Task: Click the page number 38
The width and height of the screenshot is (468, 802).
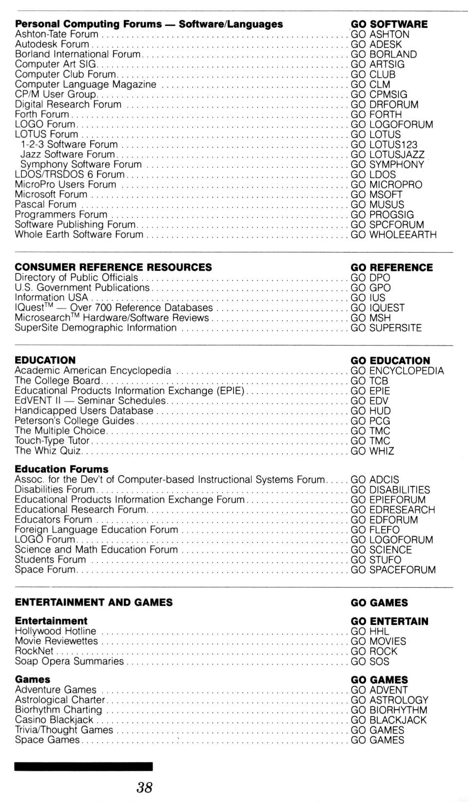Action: [x=144, y=787]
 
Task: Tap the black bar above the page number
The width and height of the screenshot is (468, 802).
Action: [x=83, y=766]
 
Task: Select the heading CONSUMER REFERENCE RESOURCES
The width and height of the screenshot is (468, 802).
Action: [x=113, y=267]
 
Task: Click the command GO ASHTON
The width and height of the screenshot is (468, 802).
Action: [x=380, y=34]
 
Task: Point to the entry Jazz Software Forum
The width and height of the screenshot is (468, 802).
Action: [x=67, y=154]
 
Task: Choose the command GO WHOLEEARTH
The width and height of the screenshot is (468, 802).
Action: [x=393, y=235]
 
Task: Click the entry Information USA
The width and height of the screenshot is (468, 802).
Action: [x=51, y=298]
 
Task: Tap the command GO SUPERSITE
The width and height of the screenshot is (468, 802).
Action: [x=386, y=328]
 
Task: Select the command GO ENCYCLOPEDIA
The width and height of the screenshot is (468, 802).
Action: [x=397, y=371]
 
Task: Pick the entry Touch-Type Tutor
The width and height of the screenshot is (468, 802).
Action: [x=52, y=441]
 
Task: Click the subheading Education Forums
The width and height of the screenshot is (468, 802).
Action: [x=61, y=469]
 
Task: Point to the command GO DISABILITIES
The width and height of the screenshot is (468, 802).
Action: [x=390, y=490]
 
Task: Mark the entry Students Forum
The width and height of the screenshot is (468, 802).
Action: [x=50, y=560]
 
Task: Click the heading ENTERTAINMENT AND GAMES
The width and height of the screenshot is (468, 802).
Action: [x=94, y=602]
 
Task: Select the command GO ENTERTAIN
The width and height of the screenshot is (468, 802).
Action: [x=390, y=622]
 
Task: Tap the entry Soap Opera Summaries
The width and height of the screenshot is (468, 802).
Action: [x=69, y=661]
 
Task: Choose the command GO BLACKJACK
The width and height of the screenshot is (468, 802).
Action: [x=389, y=720]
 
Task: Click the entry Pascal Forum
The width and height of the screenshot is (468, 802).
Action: [x=46, y=204]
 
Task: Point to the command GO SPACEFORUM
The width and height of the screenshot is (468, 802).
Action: [x=393, y=570]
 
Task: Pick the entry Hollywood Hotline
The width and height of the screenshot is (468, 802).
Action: [x=56, y=631]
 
